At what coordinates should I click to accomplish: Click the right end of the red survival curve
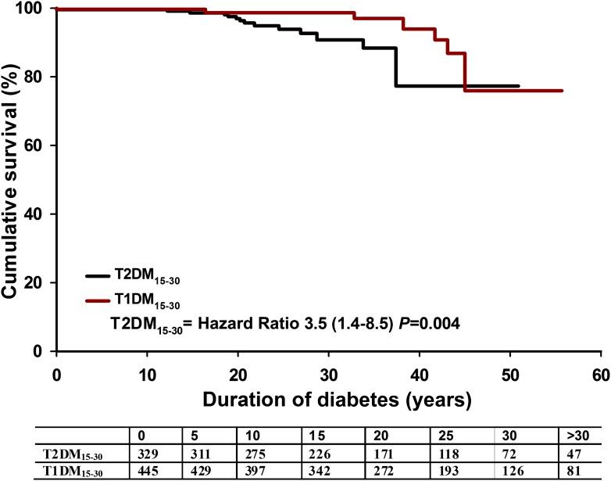[562, 91]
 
